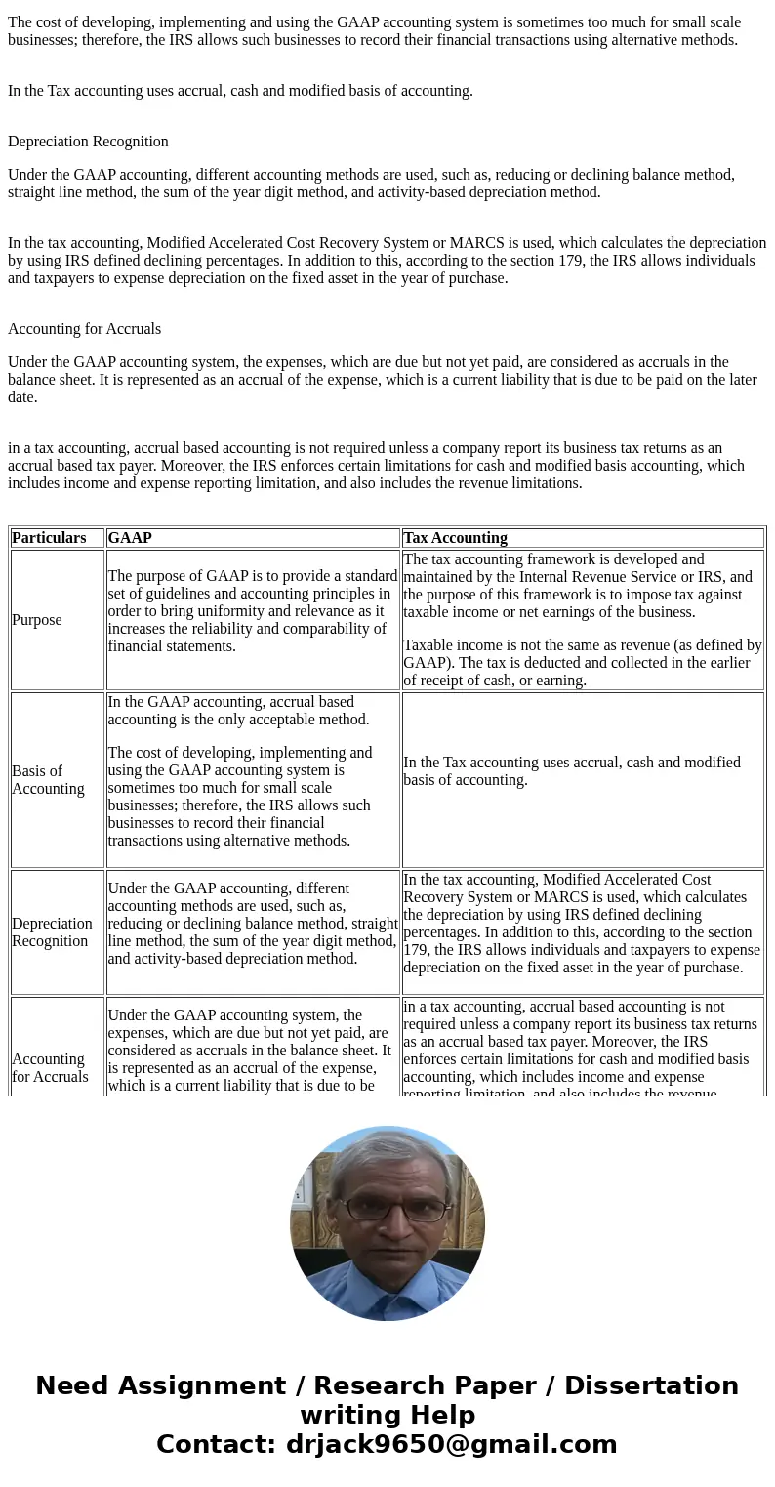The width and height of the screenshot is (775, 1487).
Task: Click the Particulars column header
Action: coord(49,538)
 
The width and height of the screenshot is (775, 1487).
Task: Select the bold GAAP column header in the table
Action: coord(130,538)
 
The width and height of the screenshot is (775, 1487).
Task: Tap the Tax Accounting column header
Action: coord(455,538)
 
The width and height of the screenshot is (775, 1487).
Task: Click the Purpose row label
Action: coord(37,620)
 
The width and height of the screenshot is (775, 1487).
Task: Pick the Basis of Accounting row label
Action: coord(48,780)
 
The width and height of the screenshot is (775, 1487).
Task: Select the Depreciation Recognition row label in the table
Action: coord(53,932)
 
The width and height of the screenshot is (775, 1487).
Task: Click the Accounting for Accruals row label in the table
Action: coord(50,1068)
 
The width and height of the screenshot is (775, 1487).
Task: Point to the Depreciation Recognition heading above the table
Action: coord(88,142)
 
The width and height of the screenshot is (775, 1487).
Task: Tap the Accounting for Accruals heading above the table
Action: coord(84,329)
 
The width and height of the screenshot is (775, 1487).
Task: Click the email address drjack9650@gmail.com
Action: coord(451,1445)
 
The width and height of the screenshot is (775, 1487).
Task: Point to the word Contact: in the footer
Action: coord(217,1445)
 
